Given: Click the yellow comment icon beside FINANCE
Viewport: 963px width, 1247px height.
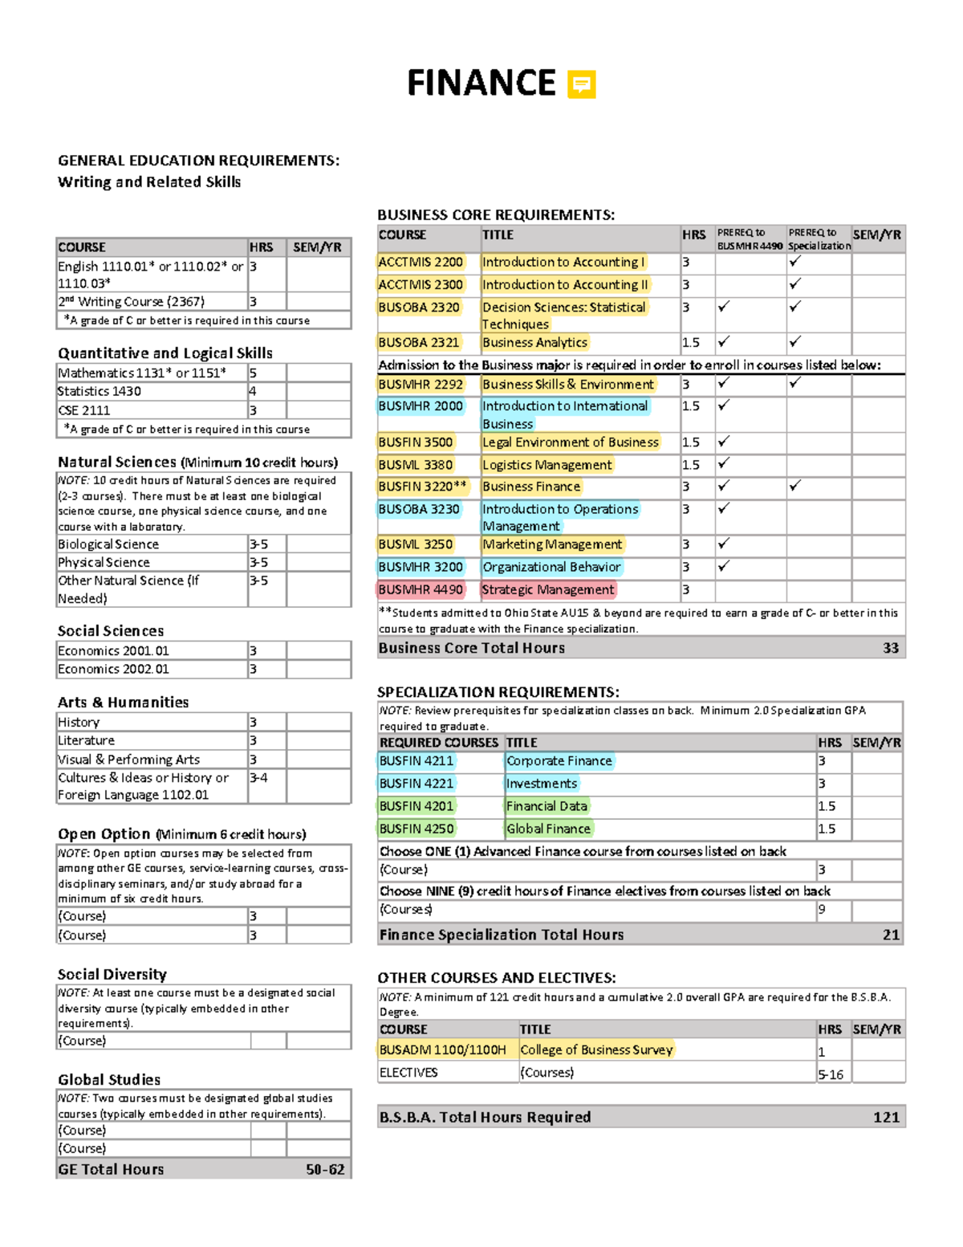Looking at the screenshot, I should point(581,84).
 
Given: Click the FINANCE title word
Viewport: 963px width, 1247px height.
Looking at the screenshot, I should point(481,84).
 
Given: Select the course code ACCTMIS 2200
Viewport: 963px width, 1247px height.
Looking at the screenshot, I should point(421,262).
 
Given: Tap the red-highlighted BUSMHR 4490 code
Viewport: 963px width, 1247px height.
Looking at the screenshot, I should point(421,589).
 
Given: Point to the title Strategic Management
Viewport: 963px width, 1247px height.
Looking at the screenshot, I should point(548,589).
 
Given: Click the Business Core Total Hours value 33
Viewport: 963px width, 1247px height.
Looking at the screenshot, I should point(890,648).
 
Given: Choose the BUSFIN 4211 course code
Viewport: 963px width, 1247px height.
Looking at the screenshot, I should point(416,760).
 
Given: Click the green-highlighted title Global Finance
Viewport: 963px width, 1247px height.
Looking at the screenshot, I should point(548,829).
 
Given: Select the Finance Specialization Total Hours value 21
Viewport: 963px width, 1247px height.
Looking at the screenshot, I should point(890,935).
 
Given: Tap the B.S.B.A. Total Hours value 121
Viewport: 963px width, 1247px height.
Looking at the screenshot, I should point(886,1117).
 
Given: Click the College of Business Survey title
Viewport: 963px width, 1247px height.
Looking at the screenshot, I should point(596,1049).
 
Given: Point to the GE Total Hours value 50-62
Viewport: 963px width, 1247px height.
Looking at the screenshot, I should point(325,1170).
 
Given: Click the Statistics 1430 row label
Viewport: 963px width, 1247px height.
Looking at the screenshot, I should point(100,391).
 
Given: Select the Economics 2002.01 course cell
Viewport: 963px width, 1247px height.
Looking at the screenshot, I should point(113,669).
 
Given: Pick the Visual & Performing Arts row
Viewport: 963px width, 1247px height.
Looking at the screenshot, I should point(129,759).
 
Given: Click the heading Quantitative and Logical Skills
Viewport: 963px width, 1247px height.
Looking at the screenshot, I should point(165,353).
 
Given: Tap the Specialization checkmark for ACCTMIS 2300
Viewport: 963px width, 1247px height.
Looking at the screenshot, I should point(794,283).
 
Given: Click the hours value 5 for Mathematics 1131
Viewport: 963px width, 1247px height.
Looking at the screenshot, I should point(254,373).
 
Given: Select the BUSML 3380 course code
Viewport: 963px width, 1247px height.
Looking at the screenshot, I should point(416,465).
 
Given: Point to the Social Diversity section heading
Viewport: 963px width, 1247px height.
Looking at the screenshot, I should point(112,974).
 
